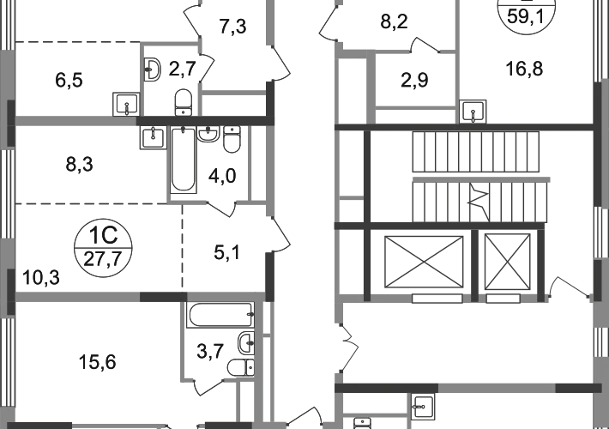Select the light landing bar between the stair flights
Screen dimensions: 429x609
pyautogui.click(x=484, y=178)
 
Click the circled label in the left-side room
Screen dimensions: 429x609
pyautogui.click(x=102, y=247)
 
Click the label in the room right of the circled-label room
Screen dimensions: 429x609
pyautogui.click(x=226, y=251)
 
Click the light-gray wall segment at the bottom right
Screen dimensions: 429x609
pyautogui.click(x=497, y=388)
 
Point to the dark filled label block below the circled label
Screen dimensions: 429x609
pyautogui.click(x=40, y=276)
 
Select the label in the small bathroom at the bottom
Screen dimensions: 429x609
pyautogui.click(x=208, y=350)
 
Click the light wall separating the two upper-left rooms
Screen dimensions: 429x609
pyautogui.click(x=77, y=121)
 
